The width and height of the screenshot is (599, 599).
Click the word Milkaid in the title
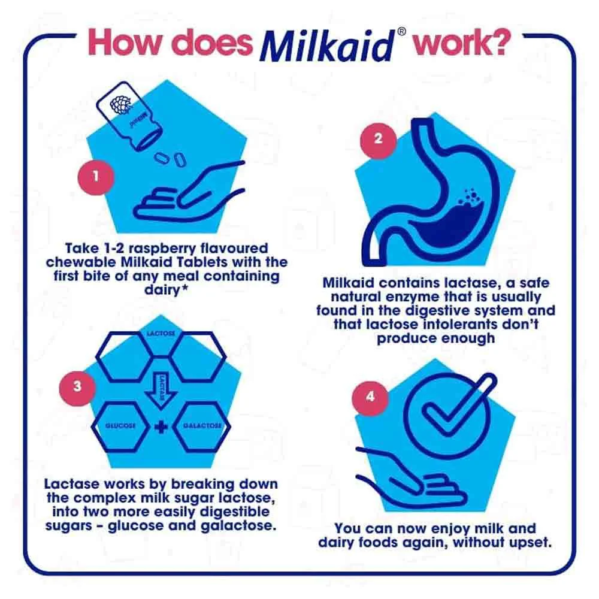326,46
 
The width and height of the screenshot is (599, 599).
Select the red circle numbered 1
95,177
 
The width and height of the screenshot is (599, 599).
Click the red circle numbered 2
378,138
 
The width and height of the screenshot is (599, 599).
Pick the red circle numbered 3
77,386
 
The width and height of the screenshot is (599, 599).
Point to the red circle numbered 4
370,397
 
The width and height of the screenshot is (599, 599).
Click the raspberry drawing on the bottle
121,104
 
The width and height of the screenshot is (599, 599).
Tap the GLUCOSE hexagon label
120,425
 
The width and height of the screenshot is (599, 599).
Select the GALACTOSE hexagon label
202,425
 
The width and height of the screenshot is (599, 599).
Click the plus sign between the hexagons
161,426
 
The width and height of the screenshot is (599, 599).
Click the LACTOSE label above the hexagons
161,334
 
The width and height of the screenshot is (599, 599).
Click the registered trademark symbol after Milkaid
401,32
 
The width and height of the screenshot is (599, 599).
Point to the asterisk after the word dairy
184,288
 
